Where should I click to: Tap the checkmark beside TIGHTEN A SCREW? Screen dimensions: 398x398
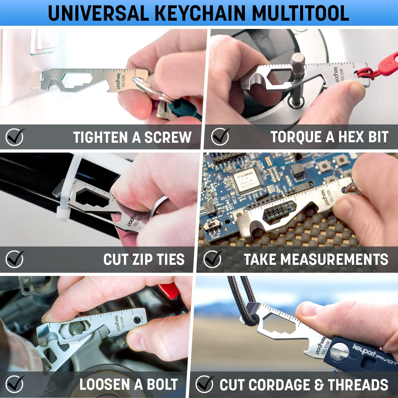click(15, 137)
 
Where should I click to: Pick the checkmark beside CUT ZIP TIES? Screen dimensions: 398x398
click(15, 259)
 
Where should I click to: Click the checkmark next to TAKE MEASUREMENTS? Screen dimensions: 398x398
click(212, 259)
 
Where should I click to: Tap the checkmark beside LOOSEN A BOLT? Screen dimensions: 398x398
click(15, 384)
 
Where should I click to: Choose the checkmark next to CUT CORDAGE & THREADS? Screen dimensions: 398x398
click(204, 384)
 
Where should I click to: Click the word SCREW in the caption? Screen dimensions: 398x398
click(168, 137)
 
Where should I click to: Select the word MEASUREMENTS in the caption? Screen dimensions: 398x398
click(334, 259)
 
